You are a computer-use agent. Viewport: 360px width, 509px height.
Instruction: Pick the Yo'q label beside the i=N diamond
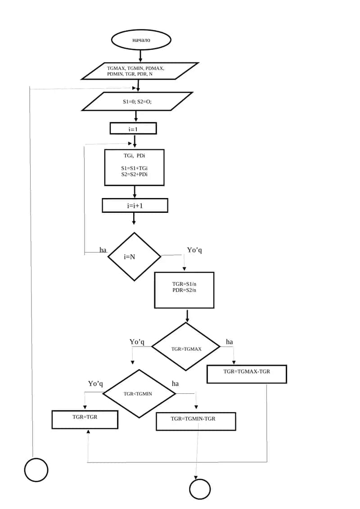click(194, 250)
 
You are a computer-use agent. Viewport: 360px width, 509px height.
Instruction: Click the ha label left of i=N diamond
click(103, 250)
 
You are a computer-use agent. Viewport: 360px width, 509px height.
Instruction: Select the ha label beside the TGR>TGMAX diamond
click(229, 342)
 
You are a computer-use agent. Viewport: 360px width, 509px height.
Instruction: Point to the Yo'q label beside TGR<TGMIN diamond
click(95, 384)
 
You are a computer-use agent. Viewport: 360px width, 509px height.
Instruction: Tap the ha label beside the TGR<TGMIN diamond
click(175, 384)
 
